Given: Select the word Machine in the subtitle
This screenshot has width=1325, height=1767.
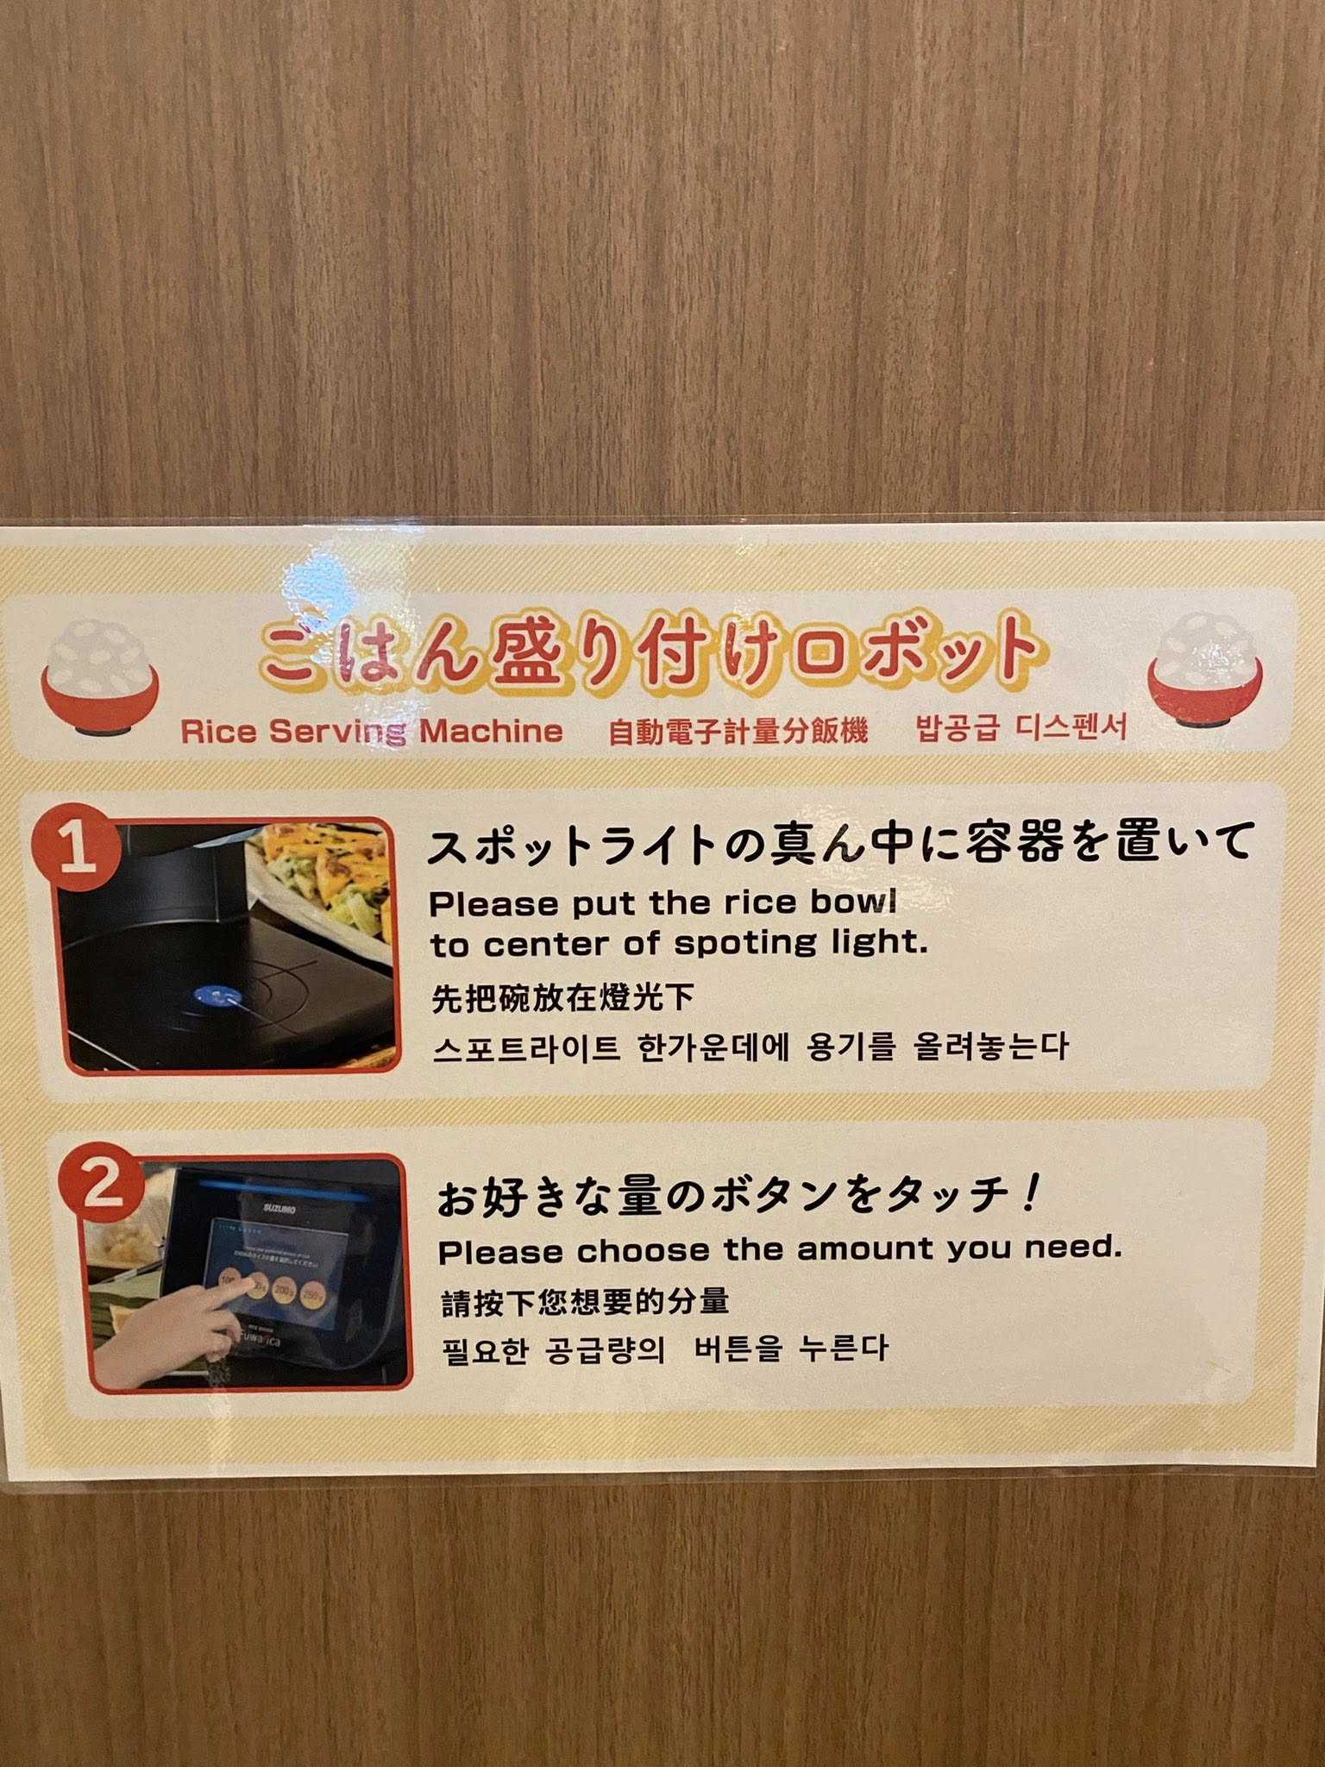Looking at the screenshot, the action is [491, 732].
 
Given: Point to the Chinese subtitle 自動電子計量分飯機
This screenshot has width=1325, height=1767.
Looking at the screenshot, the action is [738, 732].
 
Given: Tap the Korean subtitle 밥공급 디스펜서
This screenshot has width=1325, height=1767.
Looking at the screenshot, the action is [1020, 727].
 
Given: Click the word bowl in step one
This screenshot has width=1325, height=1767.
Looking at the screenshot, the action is [853, 902].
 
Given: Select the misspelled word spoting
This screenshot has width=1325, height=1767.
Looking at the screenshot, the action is [744, 944].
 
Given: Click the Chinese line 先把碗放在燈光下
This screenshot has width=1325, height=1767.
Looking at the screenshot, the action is [562, 998].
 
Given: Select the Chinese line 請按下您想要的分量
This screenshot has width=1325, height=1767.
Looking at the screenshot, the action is [585, 1301].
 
